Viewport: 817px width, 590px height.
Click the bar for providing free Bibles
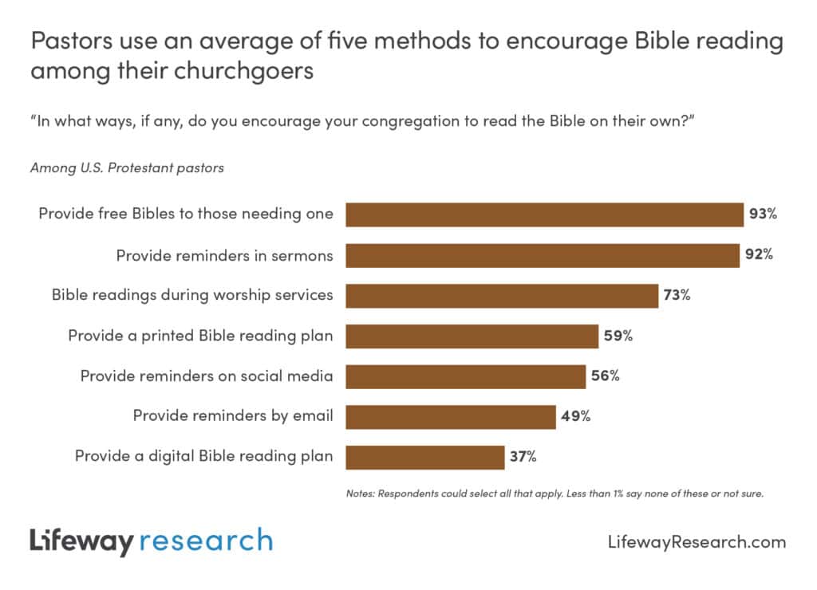pos(544,214)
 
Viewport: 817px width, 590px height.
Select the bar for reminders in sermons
pos(542,255)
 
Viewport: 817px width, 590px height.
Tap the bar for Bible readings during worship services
pos(501,295)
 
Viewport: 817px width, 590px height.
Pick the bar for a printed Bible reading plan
pos(472,336)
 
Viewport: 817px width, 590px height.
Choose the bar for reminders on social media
pos(465,376)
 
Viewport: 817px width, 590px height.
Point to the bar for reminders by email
pos(450,416)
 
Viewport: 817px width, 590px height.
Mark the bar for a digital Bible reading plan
pos(424,457)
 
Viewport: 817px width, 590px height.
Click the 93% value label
pos(763,214)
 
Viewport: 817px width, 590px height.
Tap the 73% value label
pos(676,295)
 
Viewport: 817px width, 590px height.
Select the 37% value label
pos(523,457)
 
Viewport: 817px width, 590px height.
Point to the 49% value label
pos(574,416)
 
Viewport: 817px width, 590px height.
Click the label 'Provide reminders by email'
pos(233,415)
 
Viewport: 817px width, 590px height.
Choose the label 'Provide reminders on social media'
pos(207,376)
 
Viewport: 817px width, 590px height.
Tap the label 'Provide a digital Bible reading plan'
pos(203,457)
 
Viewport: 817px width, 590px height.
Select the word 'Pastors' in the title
pos(66,41)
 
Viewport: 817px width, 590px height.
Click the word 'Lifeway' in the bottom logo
pos(81,541)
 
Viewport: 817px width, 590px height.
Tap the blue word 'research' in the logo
pos(206,541)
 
